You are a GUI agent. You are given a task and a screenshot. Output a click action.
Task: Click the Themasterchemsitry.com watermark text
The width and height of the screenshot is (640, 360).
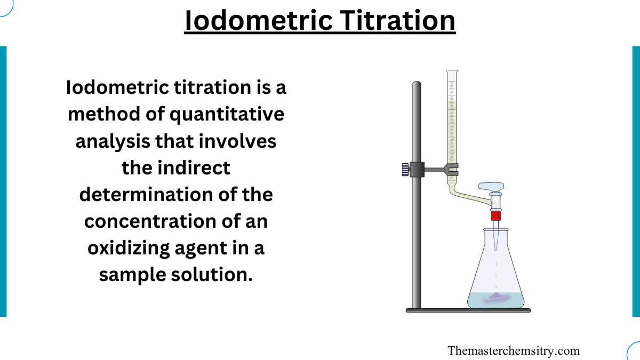tap(514, 350)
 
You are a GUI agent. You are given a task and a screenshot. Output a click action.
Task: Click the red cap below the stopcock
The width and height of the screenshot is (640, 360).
tap(496, 216)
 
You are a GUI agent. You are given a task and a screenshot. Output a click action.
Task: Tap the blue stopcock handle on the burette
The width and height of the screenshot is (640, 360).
tap(491, 187)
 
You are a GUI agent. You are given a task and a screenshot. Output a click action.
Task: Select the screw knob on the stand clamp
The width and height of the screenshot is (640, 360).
tap(405, 170)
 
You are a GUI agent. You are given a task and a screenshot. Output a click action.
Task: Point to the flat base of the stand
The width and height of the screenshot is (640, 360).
tap(468, 310)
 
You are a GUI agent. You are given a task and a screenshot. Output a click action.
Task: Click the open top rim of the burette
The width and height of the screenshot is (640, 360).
tap(452, 71)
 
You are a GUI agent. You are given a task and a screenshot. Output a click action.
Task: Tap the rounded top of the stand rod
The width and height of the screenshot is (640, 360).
tap(417, 84)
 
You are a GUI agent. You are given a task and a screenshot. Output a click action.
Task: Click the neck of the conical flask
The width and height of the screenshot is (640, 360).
tap(496, 235)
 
